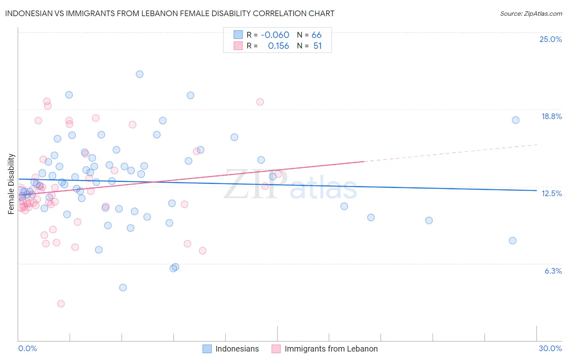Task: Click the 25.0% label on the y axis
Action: point(550,39)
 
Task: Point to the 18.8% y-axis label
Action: point(551,116)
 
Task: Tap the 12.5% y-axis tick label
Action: point(551,193)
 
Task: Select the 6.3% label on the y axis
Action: point(553,271)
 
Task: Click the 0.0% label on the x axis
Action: point(27,348)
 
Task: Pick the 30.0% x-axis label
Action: point(550,348)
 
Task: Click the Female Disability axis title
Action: point(11,184)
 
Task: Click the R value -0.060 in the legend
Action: point(275,35)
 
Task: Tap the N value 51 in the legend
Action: point(317,46)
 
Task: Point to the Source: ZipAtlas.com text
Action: point(531,14)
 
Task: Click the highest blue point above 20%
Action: point(140,74)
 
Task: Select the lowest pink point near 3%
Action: point(61,303)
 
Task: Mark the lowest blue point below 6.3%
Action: point(123,287)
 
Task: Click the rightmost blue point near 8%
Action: point(513,241)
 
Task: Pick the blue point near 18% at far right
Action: point(515,120)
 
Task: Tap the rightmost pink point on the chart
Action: point(278,174)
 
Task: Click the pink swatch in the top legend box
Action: point(238,46)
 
